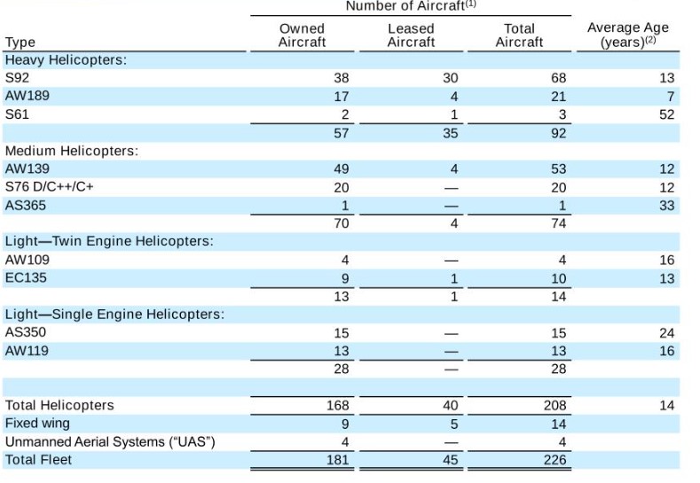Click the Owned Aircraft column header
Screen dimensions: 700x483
click(x=302, y=35)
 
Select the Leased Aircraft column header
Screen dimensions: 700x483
click(x=411, y=35)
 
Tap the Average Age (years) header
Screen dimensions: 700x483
click(x=627, y=35)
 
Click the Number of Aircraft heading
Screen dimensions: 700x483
click(x=411, y=6)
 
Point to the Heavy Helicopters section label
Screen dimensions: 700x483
click(x=66, y=59)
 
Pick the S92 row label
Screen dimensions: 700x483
click(x=17, y=78)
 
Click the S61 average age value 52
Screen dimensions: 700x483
click(x=666, y=114)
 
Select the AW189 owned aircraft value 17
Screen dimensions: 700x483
click(x=341, y=97)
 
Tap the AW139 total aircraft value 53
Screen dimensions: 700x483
click(x=558, y=169)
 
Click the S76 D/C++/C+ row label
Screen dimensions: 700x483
click(x=49, y=186)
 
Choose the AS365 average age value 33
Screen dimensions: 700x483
click(x=666, y=206)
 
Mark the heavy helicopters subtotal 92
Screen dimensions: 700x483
click(x=558, y=133)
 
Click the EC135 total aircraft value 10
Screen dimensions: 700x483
click(x=558, y=279)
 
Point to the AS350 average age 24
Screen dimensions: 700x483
click(x=666, y=333)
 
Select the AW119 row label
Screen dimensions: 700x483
click(x=27, y=351)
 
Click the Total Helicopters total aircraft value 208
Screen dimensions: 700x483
click(x=554, y=405)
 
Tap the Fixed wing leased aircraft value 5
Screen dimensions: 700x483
click(x=454, y=425)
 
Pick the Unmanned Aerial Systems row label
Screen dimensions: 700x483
click(x=110, y=442)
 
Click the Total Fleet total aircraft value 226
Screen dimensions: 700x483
click(x=554, y=460)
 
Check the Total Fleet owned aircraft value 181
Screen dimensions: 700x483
click(x=337, y=460)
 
